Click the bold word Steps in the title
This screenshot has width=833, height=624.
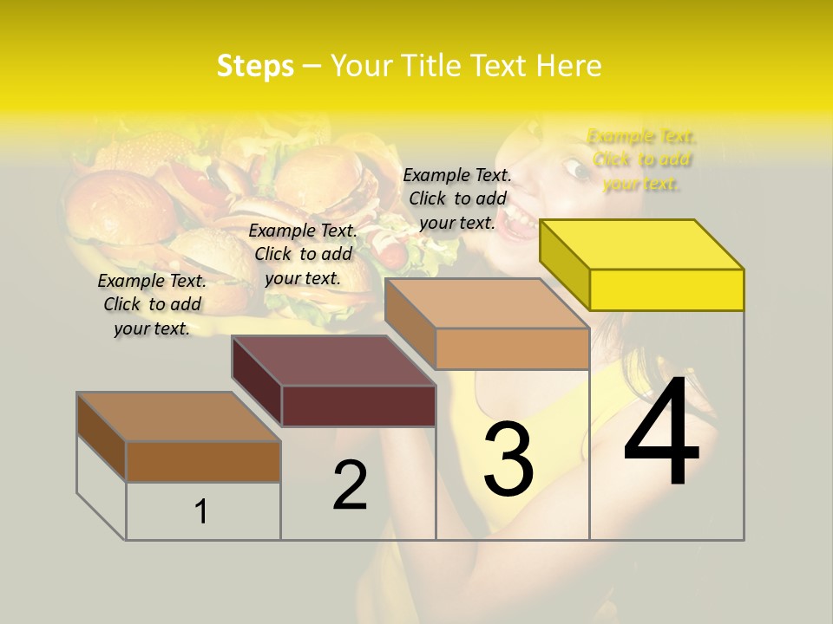click(255, 66)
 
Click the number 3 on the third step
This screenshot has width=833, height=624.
click(508, 459)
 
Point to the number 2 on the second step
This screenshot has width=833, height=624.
click(351, 485)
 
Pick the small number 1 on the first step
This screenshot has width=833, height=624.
click(201, 511)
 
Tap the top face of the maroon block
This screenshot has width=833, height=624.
click(334, 360)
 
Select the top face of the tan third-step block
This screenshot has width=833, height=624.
click(486, 303)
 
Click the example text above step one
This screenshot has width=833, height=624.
click(152, 304)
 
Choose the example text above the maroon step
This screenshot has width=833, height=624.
click(303, 254)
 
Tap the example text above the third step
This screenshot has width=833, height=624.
click(457, 198)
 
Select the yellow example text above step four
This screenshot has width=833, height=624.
click(642, 159)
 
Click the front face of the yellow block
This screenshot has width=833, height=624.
click(666, 289)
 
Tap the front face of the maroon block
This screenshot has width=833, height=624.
click(358, 406)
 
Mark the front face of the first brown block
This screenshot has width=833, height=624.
click(203, 461)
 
